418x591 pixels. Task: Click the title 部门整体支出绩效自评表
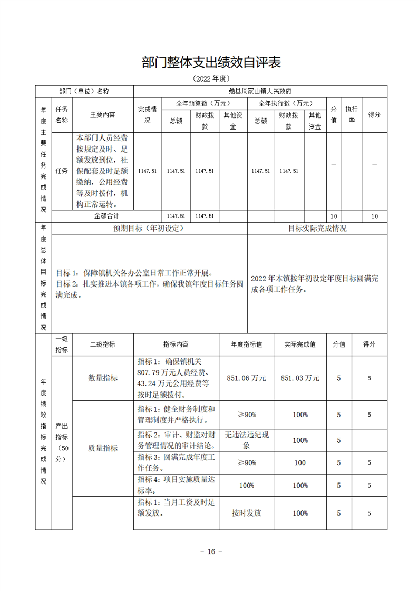click(x=209, y=63)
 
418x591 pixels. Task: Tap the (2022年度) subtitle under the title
click(x=209, y=78)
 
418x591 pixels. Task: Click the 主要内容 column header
click(x=102, y=114)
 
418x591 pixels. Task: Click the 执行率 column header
click(x=351, y=114)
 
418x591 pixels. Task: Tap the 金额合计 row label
click(x=106, y=216)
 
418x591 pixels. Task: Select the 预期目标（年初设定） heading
click(x=149, y=229)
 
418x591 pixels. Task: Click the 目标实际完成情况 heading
click(x=317, y=229)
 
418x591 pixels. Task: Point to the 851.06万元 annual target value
click(x=246, y=378)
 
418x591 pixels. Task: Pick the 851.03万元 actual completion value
click(x=300, y=378)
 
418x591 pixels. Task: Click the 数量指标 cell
click(x=103, y=378)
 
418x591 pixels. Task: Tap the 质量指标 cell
click(x=103, y=448)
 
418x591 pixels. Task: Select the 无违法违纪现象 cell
click(x=246, y=440)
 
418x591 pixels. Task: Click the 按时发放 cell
click(x=246, y=513)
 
